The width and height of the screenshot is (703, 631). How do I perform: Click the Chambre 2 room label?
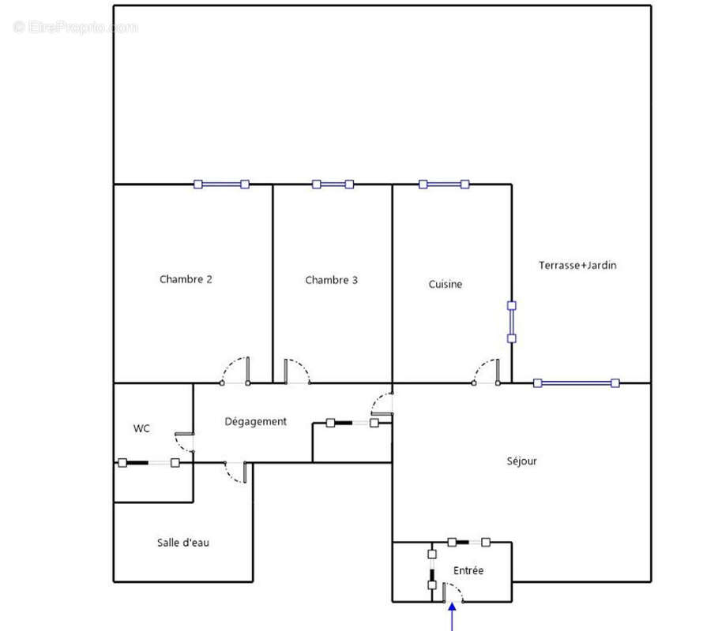[x=186, y=279]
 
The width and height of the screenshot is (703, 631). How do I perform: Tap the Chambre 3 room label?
[x=332, y=280]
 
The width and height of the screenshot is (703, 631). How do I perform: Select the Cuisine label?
[x=445, y=285]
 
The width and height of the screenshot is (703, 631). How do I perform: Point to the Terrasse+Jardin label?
[x=577, y=266]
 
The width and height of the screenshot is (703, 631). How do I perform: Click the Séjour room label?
[x=521, y=461]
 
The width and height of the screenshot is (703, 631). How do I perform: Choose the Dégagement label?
[x=255, y=422]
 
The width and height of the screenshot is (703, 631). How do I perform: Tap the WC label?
[x=141, y=429]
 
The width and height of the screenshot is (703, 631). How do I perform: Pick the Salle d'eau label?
[x=182, y=543]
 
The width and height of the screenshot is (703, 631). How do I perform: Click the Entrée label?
[x=468, y=570]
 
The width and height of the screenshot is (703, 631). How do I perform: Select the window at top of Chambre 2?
[x=221, y=185]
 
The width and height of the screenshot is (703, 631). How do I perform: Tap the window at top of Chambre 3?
[x=333, y=185]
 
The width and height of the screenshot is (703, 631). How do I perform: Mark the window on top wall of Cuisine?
[x=443, y=185]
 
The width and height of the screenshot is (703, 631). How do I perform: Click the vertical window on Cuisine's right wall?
[x=512, y=322]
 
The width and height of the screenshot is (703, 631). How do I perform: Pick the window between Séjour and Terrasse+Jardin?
[x=576, y=383]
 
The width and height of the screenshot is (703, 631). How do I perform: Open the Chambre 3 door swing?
[x=297, y=372]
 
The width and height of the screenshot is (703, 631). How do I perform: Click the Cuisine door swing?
[x=487, y=372]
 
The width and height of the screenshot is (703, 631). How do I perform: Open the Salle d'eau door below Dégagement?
[x=237, y=472]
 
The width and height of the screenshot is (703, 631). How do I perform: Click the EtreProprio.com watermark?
[x=76, y=28]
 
